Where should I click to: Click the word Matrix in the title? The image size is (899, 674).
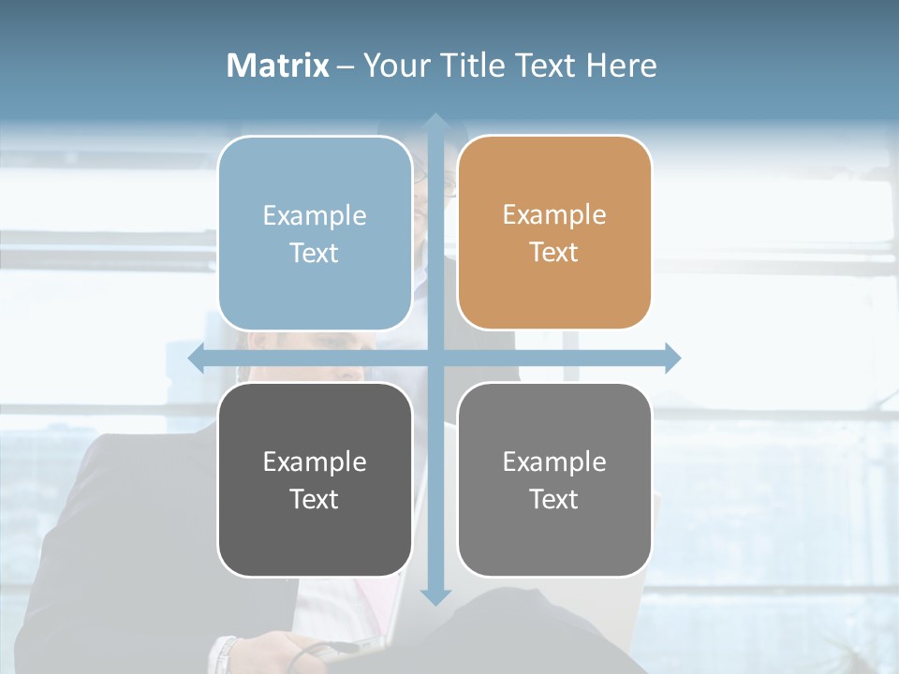(x=278, y=66)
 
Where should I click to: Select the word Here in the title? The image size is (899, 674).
(x=621, y=66)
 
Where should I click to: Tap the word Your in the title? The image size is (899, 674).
(x=394, y=66)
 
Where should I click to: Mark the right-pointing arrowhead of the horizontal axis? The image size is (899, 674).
(x=671, y=359)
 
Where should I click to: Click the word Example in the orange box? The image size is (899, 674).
(x=554, y=215)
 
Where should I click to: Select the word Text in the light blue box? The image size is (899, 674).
(x=315, y=253)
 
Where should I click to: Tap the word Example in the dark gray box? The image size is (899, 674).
(x=315, y=462)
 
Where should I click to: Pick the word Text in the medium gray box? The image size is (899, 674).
(x=554, y=499)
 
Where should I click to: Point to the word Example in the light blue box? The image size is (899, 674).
(x=315, y=215)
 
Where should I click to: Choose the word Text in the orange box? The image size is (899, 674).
(x=554, y=253)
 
